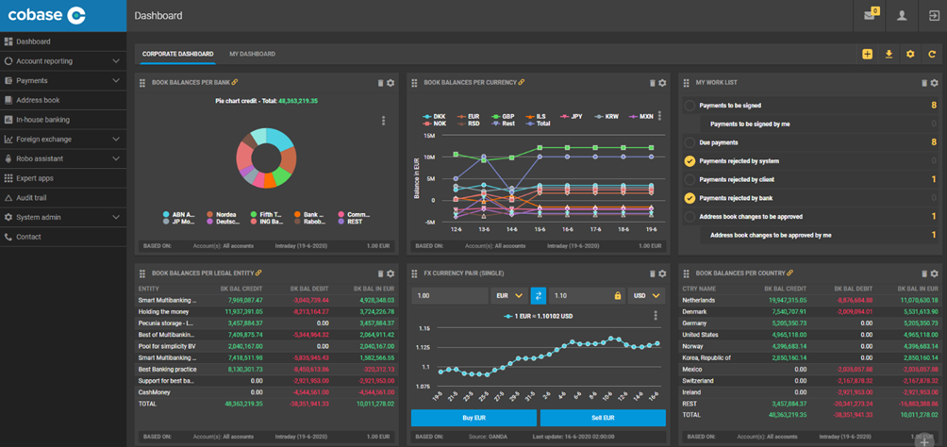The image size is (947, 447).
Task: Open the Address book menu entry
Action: (x=38, y=100)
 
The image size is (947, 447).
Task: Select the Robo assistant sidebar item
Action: (x=39, y=158)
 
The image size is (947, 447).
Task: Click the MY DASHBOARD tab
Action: (x=252, y=54)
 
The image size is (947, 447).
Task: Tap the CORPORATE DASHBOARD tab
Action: (x=177, y=54)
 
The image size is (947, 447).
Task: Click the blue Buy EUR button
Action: (x=473, y=418)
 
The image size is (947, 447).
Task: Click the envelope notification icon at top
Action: (x=870, y=16)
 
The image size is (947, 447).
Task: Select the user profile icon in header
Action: (x=902, y=16)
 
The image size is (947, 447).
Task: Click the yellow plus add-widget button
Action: (x=867, y=54)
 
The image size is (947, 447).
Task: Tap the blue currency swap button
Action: (x=539, y=295)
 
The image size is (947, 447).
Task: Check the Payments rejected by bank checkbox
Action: (x=689, y=198)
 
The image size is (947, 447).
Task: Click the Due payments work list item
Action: (x=719, y=142)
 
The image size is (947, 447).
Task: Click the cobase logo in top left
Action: (x=47, y=15)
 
